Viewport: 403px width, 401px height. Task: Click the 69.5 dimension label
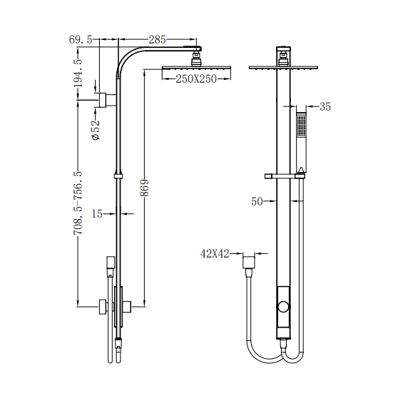tap(81, 40)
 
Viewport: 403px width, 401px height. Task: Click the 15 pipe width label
tap(98, 213)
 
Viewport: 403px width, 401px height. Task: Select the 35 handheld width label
tap(325, 107)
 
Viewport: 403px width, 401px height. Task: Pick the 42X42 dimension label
tap(215, 254)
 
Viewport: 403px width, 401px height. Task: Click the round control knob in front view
tap(285, 308)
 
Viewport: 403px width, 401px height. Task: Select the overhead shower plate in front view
tap(284, 68)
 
